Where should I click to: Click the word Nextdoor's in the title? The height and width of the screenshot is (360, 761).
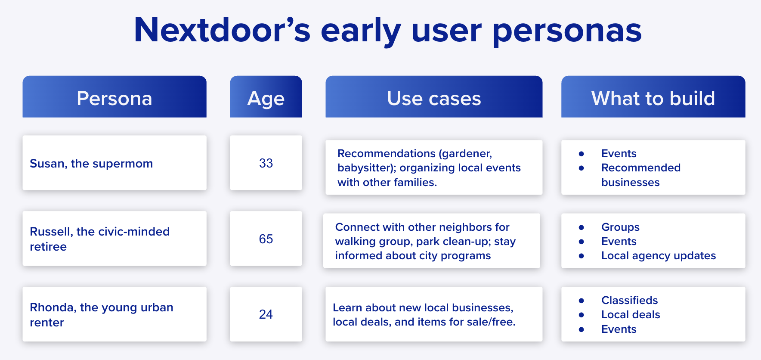coord(222,30)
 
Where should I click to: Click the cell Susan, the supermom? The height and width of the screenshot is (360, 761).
coord(91,164)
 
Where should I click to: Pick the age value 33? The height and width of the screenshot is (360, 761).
coord(266,163)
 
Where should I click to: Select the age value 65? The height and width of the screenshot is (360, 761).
coord(266,239)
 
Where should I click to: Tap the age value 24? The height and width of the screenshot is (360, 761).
coord(266,314)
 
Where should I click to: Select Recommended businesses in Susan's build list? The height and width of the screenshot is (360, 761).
coord(641,175)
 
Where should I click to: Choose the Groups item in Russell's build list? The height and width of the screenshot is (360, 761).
coord(620,227)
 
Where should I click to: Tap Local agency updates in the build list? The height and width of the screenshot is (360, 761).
coord(659,256)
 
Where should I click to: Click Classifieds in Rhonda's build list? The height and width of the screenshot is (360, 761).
coord(630,300)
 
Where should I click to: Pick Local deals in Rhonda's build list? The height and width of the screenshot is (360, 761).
coord(631,315)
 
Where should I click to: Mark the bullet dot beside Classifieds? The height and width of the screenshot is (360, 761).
coord(582,301)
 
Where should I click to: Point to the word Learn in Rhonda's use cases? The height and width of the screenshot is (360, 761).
coord(347,307)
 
